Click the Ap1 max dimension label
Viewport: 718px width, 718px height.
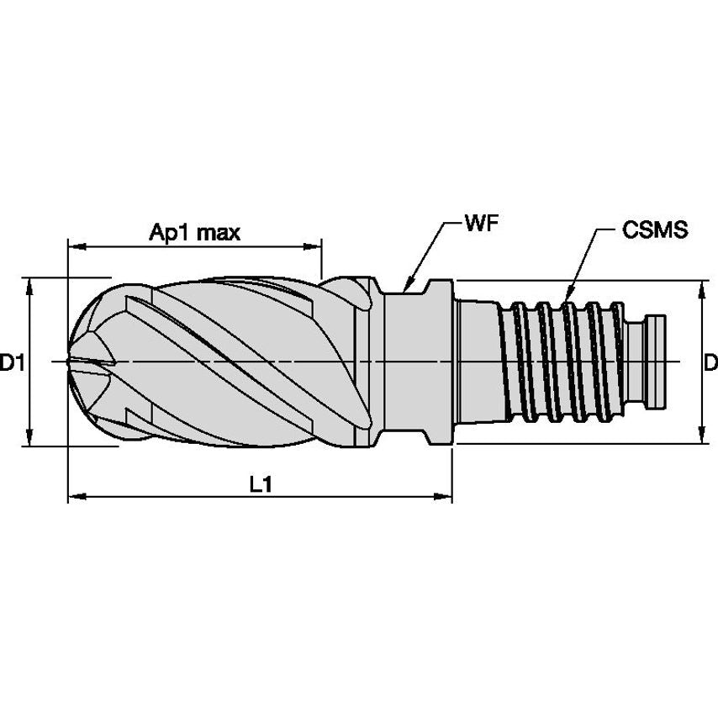pyautogui.click(x=194, y=232)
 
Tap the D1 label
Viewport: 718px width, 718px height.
pyautogui.click(x=11, y=363)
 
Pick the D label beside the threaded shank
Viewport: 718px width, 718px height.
pyautogui.click(x=710, y=363)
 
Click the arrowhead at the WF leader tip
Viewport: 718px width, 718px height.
pyautogui.click(x=406, y=288)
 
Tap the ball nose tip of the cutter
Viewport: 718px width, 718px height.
pyautogui.click(x=71, y=362)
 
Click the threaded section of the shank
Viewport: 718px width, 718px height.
pyautogui.click(x=563, y=362)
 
